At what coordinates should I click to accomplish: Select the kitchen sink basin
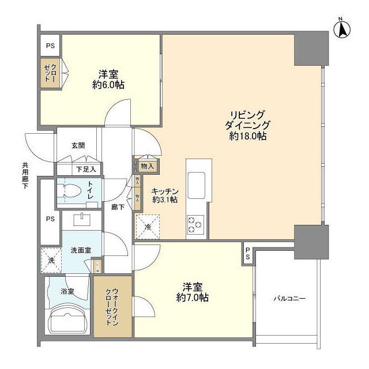pos(196,183)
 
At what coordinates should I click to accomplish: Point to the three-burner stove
pos(195,223)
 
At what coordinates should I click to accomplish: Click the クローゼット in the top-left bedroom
pos(48,74)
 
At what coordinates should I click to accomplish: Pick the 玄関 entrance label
pos(78,146)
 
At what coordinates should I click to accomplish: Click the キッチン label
pos(165,191)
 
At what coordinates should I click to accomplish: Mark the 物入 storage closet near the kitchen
pos(147,166)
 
